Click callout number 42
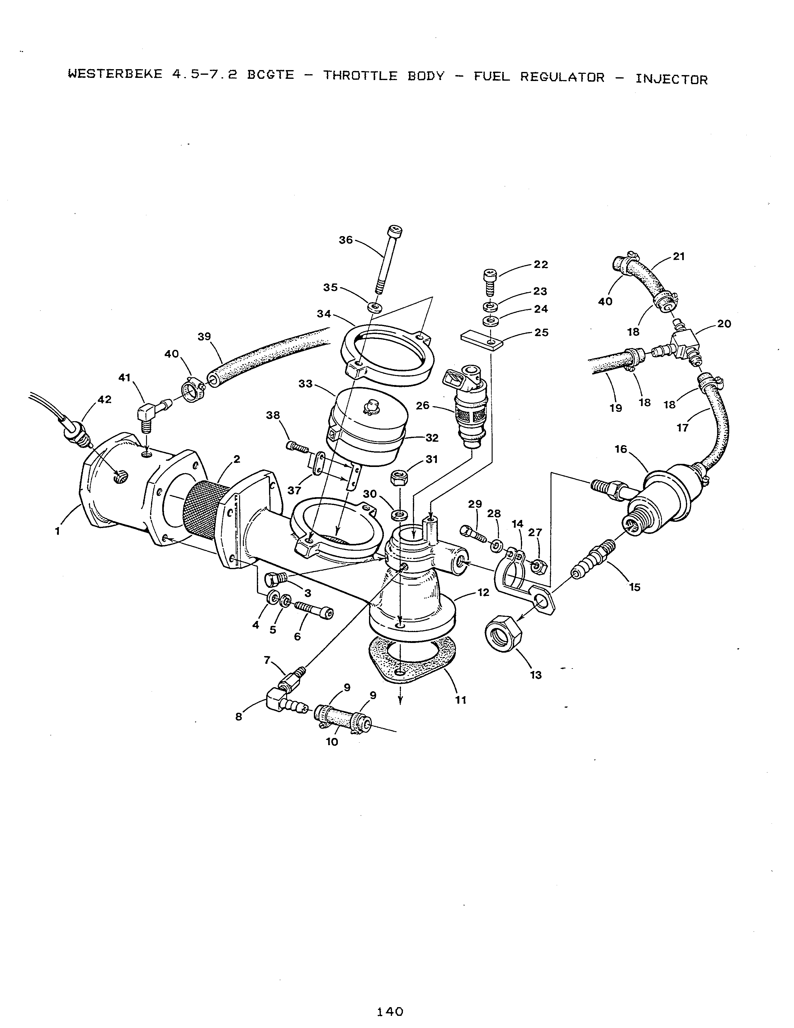104,400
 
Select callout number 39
204,337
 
